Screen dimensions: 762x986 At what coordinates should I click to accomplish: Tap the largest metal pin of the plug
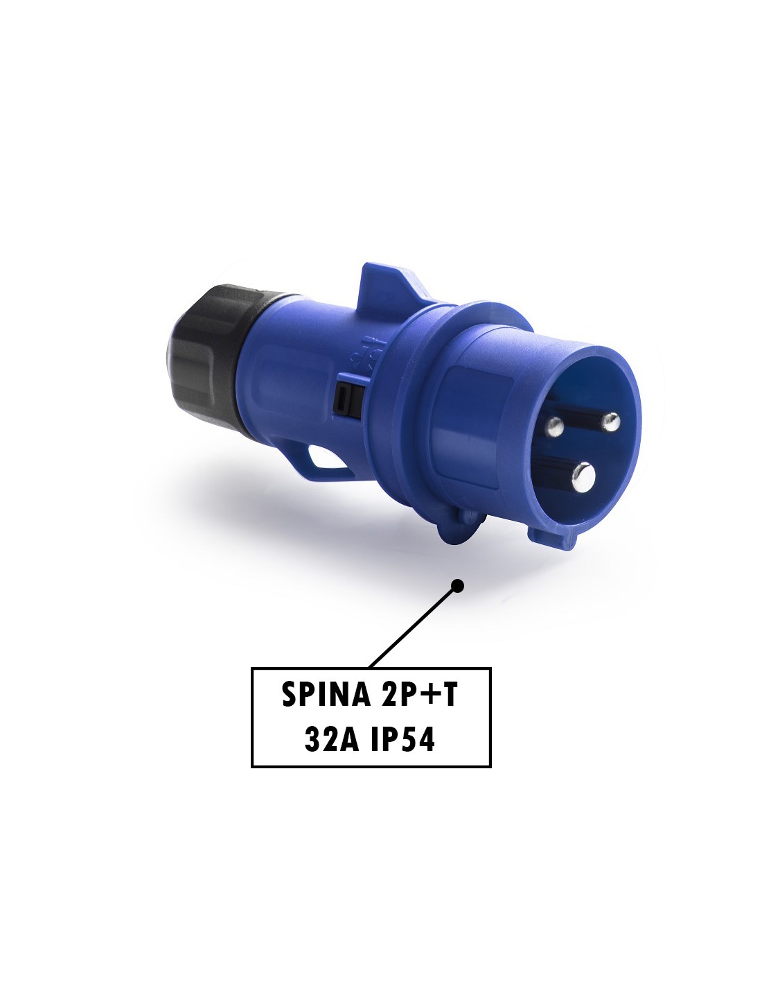(583, 477)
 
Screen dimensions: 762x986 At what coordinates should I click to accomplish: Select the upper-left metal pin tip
(554, 426)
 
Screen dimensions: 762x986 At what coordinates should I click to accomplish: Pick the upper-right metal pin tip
(610, 422)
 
